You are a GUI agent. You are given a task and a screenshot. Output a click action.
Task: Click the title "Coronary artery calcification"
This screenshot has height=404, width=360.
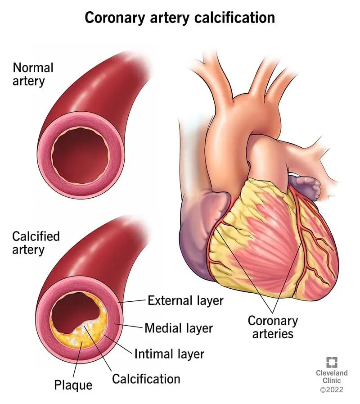click(180, 18)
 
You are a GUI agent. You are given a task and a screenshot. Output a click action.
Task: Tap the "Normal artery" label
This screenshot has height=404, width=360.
click(33, 74)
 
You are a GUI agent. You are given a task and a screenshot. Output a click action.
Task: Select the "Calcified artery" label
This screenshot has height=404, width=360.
click(36, 243)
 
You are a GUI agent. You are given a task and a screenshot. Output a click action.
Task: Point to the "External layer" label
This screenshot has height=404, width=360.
click(185, 301)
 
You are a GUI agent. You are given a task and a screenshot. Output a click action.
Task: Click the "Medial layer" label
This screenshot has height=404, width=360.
click(179, 328)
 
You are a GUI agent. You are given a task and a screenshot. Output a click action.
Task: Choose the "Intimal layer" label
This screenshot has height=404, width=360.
click(169, 354)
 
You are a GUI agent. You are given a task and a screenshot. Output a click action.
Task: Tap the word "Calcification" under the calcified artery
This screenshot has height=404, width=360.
click(146, 379)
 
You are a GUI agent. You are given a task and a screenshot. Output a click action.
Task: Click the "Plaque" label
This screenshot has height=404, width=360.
click(73, 386)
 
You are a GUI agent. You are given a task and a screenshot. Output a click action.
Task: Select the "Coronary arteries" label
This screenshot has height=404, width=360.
click(273, 327)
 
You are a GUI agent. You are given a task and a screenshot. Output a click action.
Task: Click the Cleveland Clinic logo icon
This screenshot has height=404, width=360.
click(332, 362)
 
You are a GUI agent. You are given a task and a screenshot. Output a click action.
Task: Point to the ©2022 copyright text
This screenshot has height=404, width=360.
click(332, 390)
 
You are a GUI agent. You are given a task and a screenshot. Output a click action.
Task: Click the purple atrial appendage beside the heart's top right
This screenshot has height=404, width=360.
click(306, 186)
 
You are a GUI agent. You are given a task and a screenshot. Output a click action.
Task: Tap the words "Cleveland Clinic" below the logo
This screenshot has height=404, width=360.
click(332, 377)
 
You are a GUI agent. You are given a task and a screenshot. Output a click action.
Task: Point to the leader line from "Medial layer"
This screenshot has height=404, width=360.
click(129, 326)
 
